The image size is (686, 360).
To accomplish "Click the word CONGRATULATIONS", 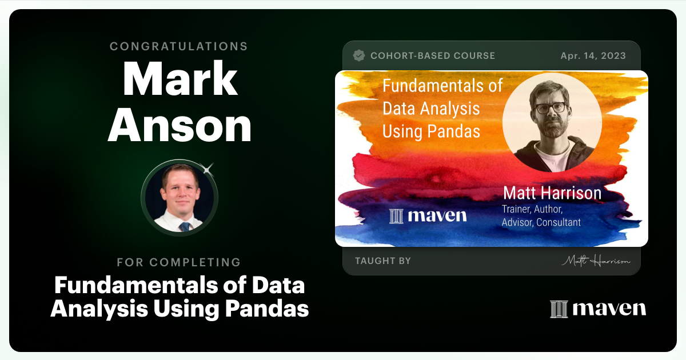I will click(x=179, y=46).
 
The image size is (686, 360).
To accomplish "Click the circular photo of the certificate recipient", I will click(x=180, y=198).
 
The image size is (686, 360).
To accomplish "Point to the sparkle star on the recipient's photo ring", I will click(x=208, y=169).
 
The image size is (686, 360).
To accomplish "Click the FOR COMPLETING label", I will click(x=179, y=262).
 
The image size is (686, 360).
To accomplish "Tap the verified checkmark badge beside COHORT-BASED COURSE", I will click(x=359, y=55).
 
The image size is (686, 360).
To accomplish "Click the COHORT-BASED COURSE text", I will click(x=433, y=56).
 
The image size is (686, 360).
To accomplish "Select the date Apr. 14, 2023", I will click(x=593, y=56).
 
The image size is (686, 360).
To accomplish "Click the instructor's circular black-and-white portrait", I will click(x=552, y=122).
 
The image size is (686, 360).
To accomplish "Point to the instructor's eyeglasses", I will click(x=551, y=107).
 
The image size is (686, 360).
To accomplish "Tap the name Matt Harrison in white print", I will click(x=552, y=193).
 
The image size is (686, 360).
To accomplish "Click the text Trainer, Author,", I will click(x=532, y=209).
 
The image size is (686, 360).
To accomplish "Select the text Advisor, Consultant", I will click(x=541, y=222).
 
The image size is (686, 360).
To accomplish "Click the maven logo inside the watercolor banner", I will click(x=428, y=215).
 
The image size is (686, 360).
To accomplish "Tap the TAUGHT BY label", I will click(x=383, y=261).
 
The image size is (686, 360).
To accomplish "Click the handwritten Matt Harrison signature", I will click(x=595, y=261).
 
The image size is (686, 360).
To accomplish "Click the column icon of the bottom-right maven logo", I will click(x=558, y=309).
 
